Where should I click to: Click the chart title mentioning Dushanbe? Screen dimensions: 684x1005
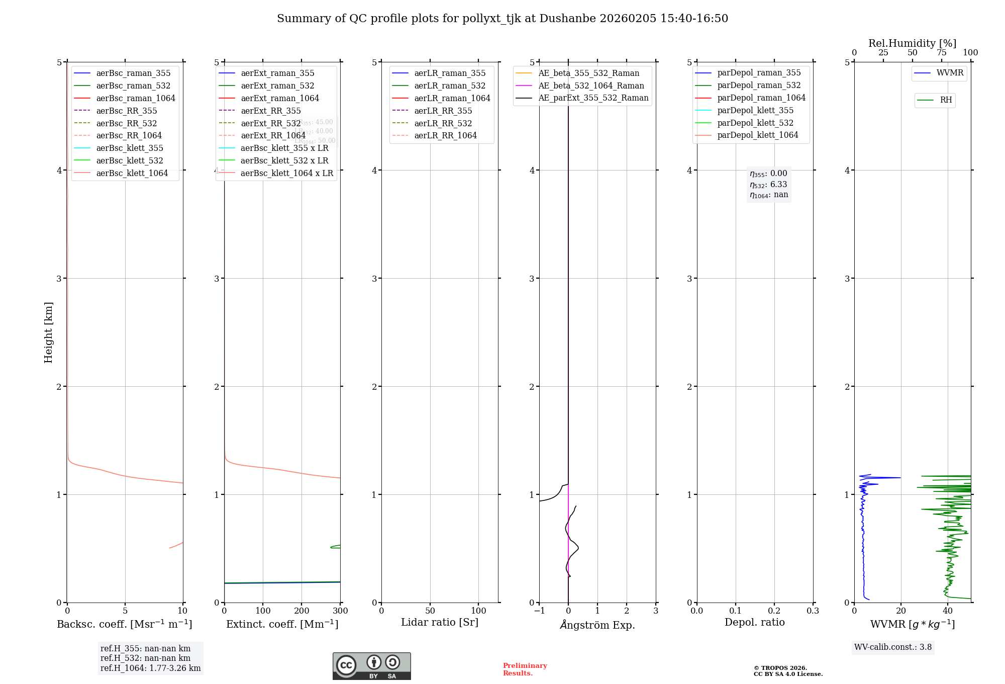click(502, 19)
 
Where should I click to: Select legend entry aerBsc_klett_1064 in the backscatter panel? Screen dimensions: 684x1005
click(132, 173)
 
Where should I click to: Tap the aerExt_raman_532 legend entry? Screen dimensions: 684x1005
click(277, 85)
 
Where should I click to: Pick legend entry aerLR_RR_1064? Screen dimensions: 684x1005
click(445, 135)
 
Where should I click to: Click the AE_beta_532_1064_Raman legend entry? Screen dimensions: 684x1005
click(591, 85)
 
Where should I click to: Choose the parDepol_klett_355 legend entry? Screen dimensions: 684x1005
click(755, 110)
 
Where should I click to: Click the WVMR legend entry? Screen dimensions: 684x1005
click(950, 73)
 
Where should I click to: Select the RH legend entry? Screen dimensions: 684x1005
click(946, 100)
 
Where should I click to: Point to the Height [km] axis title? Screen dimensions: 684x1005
click(48, 332)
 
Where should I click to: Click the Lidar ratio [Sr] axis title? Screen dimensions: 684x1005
click(440, 622)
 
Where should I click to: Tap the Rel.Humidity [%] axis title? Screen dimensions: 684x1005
click(912, 43)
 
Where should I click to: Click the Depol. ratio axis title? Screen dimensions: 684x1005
click(754, 622)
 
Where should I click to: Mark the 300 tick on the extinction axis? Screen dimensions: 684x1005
click(340, 611)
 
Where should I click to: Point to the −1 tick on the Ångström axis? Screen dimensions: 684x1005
click(539, 611)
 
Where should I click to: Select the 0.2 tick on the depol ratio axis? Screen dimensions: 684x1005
click(774, 611)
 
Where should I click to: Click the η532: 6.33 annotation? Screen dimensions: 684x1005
click(768, 185)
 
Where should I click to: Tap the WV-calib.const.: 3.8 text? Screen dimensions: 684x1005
click(893, 647)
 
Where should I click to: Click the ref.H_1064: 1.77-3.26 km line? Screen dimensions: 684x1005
click(150, 668)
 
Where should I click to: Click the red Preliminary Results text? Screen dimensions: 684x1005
click(525, 669)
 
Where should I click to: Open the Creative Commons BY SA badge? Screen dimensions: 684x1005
click(371, 666)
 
